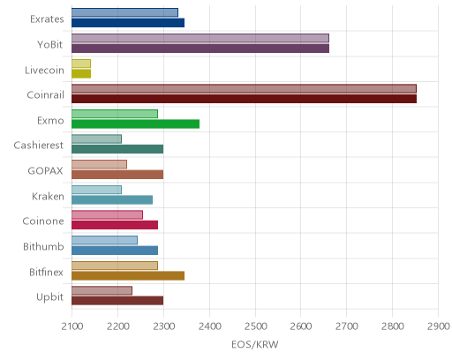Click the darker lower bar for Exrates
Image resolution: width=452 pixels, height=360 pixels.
pos(128,23)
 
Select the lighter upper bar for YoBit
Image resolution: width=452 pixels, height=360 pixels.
pos(200,38)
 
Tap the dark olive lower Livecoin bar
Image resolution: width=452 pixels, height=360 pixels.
pos(81,73)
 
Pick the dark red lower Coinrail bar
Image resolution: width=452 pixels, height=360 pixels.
pos(245,99)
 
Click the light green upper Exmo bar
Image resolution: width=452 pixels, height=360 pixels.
pos(115,114)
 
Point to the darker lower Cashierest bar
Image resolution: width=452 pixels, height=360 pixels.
pos(117,149)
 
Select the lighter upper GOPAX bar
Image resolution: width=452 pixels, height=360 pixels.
pos(99,164)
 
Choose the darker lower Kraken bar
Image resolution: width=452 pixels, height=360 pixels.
pos(112,199)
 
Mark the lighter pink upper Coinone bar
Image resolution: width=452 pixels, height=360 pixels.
pos(107,215)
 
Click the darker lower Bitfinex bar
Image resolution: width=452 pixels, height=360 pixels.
pos(128,275)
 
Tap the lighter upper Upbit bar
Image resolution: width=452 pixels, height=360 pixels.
pos(102,290)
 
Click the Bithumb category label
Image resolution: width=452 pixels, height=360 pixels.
pos(43,246)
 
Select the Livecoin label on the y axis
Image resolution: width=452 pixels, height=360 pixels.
pos(44,71)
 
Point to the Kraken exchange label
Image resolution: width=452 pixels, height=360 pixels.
pos(48,196)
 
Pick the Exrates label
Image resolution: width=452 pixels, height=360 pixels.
pos(47,19)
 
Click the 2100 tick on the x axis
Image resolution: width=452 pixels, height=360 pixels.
pos(72,326)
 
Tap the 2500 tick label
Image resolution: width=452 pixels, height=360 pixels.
pos(255,326)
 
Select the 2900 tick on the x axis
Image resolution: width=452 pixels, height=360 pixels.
pos(439,326)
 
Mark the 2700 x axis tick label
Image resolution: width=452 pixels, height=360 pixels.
pos(347,326)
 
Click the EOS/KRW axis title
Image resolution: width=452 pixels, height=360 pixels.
pos(255,344)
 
